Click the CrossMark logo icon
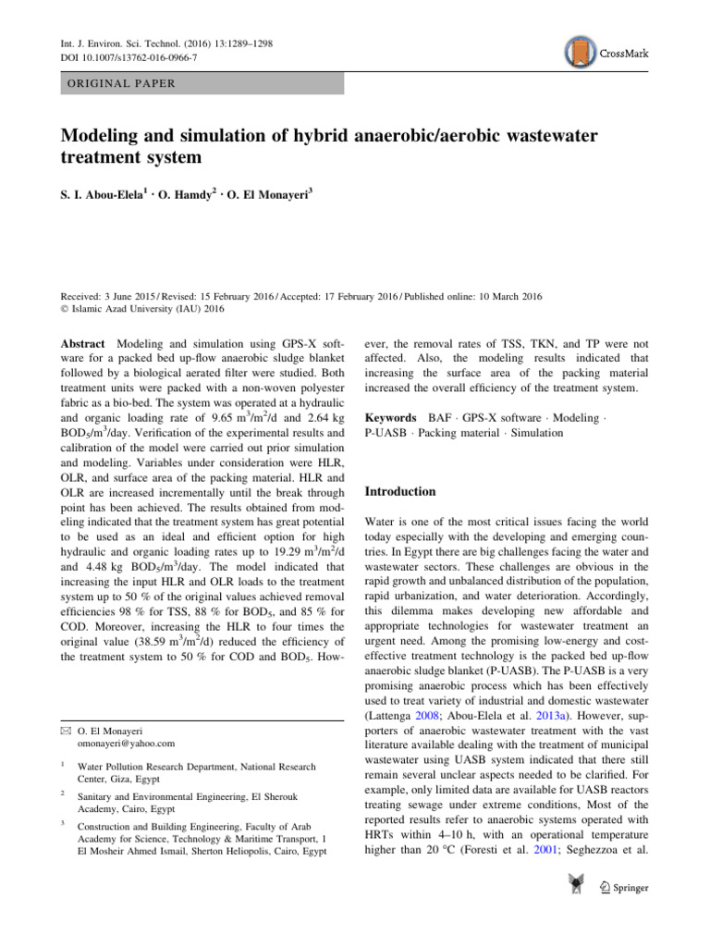pyautogui.click(x=579, y=53)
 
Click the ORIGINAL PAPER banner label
pyautogui.click(x=121, y=83)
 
